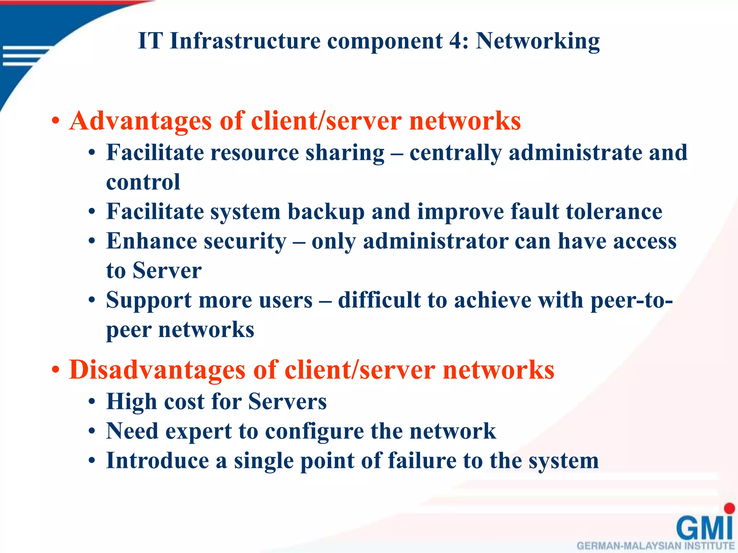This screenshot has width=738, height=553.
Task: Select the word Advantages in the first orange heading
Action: [x=141, y=121]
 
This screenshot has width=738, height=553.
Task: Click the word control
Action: [x=143, y=182]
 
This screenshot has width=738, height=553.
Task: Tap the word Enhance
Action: [x=151, y=241]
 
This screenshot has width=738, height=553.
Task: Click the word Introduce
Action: [x=157, y=461]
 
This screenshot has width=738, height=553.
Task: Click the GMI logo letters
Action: [x=704, y=528]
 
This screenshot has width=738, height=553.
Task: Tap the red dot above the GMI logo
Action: [x=729, y=508]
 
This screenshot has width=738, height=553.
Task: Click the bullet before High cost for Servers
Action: [x=92, y=403]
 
